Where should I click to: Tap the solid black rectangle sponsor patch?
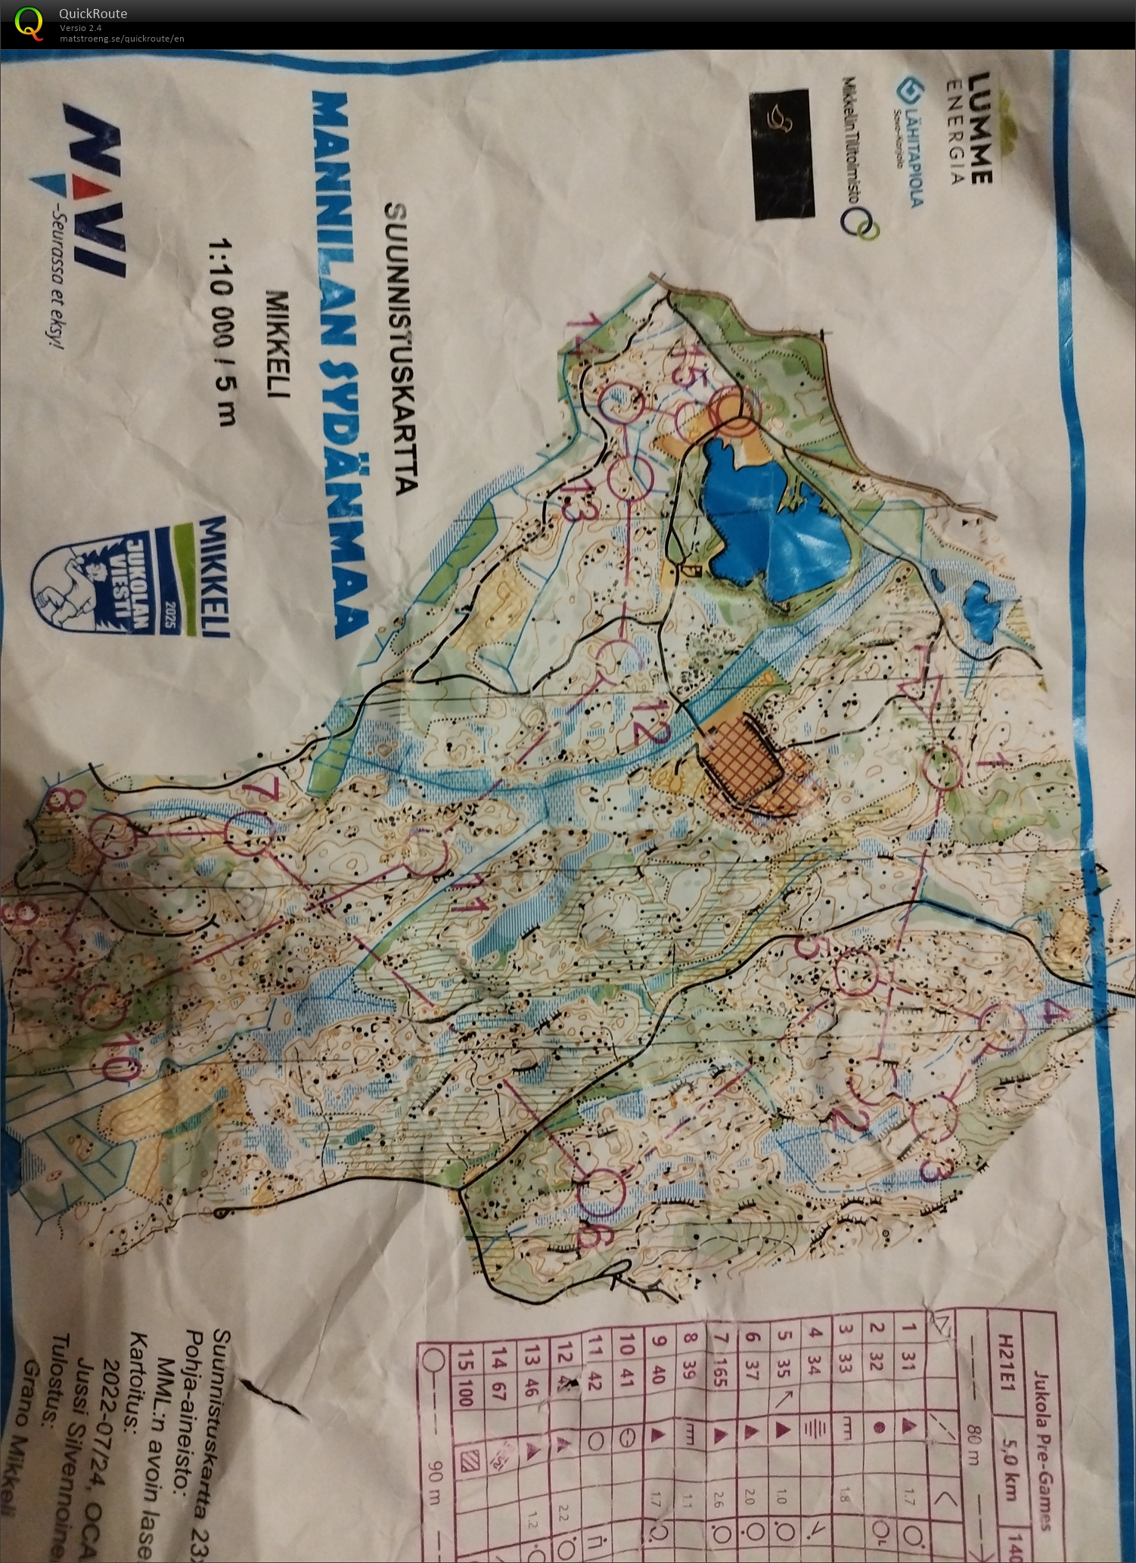point(784,154)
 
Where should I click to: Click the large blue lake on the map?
point(771,514)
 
